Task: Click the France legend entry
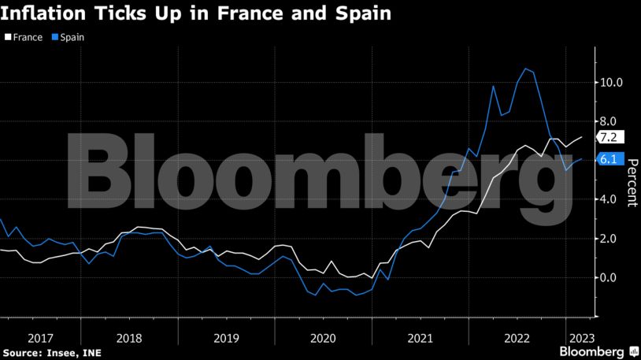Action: tap(24, 36)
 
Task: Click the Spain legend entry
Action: tap(67, 36)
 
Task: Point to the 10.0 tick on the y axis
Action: tap(612, 82)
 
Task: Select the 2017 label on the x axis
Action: tap(39, 338)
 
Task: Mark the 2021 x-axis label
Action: tap(421, 338)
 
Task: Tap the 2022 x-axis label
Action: tap(517, 338)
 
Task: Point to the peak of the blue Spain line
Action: tap(525, 69)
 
